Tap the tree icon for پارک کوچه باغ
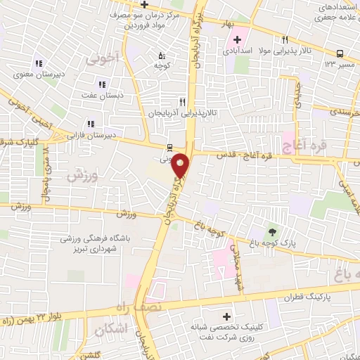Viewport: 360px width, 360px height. (272, 231)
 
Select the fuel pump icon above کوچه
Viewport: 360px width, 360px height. (162, 55)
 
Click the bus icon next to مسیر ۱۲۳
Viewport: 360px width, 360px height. (340, 53)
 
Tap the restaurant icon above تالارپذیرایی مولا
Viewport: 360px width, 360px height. (285, 40)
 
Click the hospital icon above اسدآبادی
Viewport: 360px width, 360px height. (237, 39)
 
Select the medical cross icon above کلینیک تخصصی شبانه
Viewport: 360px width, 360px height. (226, 316)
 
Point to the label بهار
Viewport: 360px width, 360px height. (226, 23)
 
